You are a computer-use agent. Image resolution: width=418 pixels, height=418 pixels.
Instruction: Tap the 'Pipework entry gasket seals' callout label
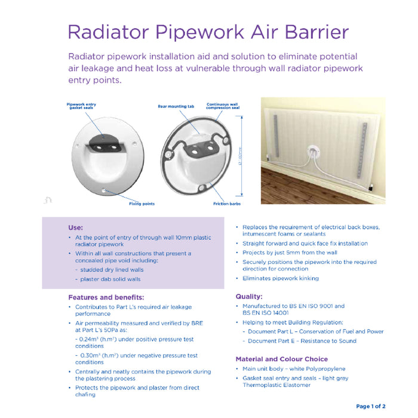pyautogui.click(x=81, y=106)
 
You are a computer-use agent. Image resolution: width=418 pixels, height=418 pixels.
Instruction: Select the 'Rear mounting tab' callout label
pyautogui.click(x=176, y=106)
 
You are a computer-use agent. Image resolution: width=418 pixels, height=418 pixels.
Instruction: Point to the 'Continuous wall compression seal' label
pyautogui.click(x=223, y=106)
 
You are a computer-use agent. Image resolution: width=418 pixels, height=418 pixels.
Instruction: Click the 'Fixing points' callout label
pyautogui.click(x=142, y=204)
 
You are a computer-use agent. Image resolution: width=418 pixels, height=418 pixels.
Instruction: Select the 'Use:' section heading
pyautogui.click(x=75, y=228)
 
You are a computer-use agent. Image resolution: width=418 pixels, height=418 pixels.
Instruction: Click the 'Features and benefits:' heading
pyautogui.click(x=106, y=297)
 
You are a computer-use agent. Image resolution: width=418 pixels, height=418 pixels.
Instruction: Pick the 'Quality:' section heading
pyautogui.click(x=249, y=296)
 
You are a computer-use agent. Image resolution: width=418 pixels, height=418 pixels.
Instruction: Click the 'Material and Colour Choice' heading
pyautogui.click(x=281, y=359)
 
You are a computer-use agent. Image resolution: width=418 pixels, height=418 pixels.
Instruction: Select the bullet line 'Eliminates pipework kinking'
pyautogui.click(x=280, y=278)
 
